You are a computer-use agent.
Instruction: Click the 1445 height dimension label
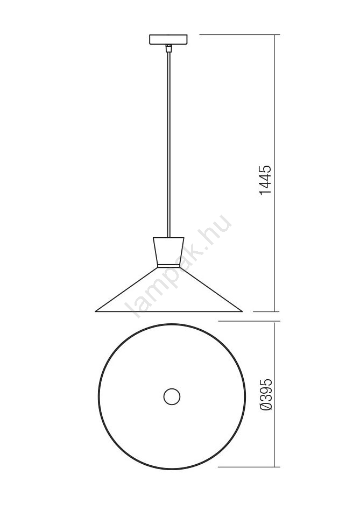[x=265, y=180]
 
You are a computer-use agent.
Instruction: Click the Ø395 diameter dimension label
[x=265, y=394]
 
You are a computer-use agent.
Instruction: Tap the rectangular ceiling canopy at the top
[x=168, y=39]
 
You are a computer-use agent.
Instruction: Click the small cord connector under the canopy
[x=167, y=48]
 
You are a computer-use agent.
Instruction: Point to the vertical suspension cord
[x=168, y=144]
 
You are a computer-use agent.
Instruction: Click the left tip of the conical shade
[x=95, y=311]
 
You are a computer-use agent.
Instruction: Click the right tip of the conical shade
[x=242, y=311]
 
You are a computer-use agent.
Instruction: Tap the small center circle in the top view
[x=172, y=396]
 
